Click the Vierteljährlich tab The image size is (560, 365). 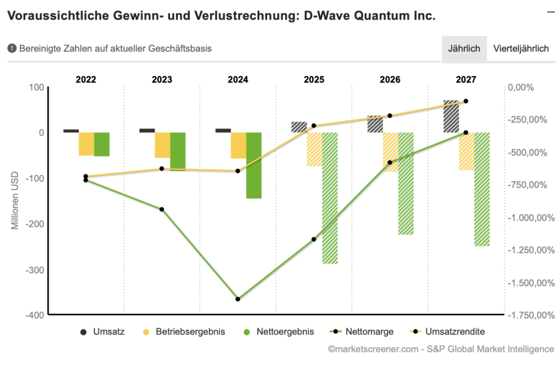tap(521, 49)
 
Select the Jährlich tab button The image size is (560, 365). tap(464, 49)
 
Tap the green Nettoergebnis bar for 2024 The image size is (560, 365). tap(254, 165)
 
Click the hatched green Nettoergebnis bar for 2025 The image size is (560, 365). tap(330, 198)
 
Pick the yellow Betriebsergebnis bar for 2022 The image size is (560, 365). tap(86, 144)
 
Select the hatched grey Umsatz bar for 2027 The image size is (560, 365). tap(451, 116)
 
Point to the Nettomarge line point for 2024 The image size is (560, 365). tap(238, 299)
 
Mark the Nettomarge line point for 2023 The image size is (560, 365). tap(162, 209)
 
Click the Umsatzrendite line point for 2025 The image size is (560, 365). tap(314, 126)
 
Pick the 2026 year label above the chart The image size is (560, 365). tap(390, 80)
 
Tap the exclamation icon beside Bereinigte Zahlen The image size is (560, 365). tap(12, 49)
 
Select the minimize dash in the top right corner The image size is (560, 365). tap(551, 11)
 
